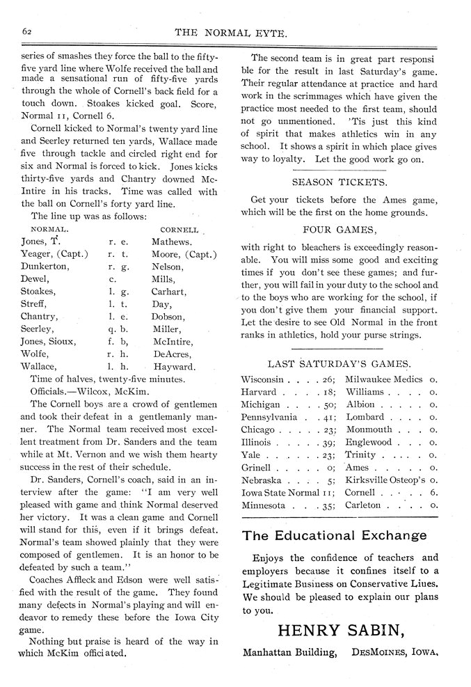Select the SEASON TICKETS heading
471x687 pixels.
(x=339, y=182)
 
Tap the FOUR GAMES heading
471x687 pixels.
(x=339, y=229)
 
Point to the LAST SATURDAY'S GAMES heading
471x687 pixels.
(x=339, y=363)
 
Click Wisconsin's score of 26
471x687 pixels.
(x=329, y=379)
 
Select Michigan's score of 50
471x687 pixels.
(x=329, y=404)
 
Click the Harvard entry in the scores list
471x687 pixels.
(x=260, y=392)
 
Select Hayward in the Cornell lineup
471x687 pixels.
(x=173, y=367)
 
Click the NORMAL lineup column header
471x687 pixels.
(x=51, y=229)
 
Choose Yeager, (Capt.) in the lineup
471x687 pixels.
(x=54, y=254)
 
